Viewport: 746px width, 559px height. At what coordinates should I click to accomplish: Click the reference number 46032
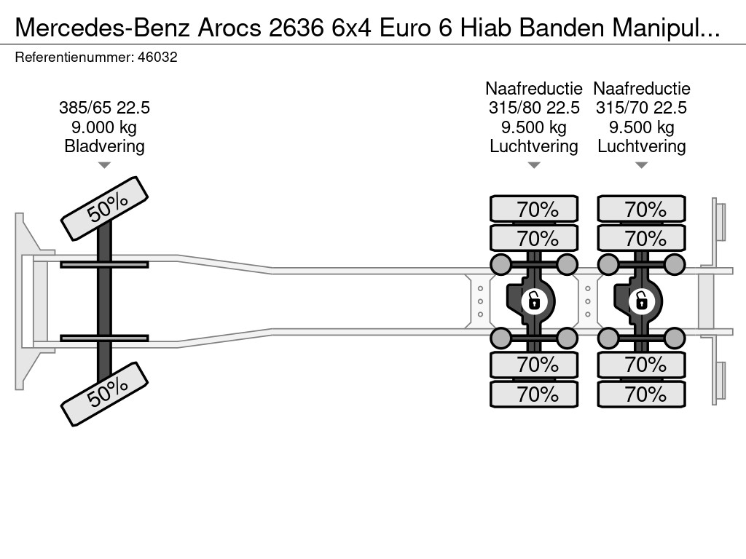pos(157,58)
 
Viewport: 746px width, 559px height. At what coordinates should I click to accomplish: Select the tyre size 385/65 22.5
pos(104,108)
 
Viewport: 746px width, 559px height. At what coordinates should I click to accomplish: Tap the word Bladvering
pos(104,146)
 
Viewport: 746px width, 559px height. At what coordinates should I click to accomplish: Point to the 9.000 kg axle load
pos(104,127)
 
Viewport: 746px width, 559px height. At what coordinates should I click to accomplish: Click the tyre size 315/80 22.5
pos(534,108)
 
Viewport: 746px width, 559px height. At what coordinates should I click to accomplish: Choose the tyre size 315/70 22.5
pos(641,108)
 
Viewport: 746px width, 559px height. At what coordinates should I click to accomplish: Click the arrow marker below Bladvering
pos(104,165)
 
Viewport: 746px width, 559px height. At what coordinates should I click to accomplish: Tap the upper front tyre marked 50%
pos(104,208)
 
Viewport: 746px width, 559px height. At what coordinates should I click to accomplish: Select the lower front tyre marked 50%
pos(104,393)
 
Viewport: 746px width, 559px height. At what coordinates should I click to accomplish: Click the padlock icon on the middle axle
pos(534,300)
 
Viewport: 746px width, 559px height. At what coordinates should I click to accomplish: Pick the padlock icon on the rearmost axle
pos(641,300)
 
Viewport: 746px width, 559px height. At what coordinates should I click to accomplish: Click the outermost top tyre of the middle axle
pos(534,209)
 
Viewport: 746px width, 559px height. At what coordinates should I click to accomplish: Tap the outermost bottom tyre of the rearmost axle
pos(641,395)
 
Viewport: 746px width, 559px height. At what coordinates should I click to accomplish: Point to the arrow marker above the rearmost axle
pos(641,165)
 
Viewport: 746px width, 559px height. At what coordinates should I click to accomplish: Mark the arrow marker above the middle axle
pos(534,165)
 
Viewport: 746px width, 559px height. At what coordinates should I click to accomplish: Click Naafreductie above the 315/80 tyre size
pos(534,89)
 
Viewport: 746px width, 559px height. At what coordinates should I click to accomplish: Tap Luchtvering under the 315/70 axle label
pos(641,146)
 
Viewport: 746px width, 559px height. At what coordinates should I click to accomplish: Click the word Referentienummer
pos(74,58)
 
